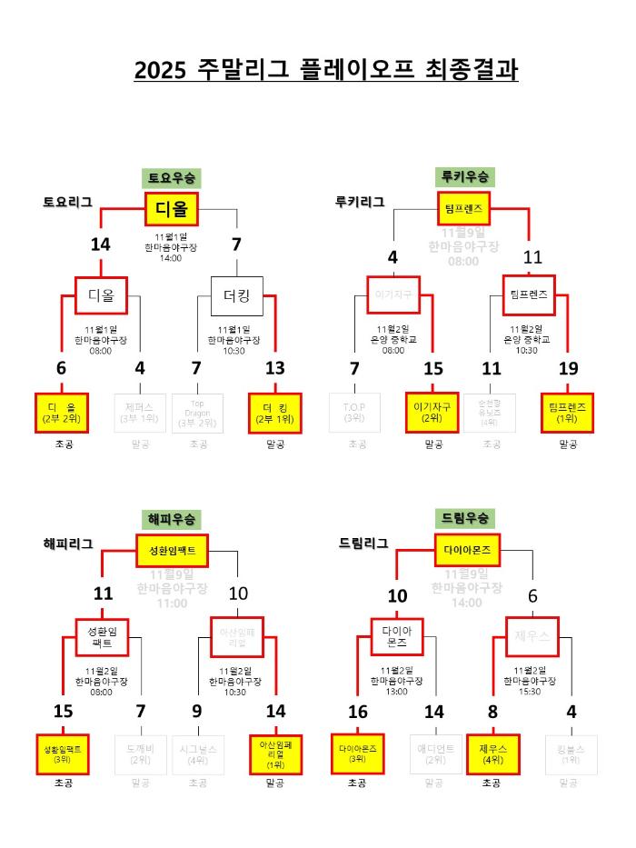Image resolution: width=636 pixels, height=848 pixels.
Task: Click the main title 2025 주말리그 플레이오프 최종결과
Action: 326,70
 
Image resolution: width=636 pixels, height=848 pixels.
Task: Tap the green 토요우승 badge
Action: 171,177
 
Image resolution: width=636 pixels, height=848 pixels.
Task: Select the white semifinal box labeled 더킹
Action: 236,295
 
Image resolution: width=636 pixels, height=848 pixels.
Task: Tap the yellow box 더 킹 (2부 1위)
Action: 274,413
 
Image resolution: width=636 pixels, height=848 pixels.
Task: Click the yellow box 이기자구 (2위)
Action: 432,413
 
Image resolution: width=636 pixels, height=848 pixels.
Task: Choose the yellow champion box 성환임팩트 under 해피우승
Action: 172,552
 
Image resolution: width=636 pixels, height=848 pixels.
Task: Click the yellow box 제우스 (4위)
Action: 492,754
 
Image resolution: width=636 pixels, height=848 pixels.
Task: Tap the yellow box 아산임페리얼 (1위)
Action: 274,754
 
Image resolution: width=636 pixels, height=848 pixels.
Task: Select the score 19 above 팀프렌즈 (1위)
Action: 569,368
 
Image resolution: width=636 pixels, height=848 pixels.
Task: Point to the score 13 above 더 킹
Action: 274,368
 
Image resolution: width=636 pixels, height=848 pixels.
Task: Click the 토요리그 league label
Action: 67,202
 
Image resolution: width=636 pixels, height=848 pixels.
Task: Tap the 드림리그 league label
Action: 363,544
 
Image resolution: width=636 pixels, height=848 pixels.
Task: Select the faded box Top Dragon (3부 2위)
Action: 197,413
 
